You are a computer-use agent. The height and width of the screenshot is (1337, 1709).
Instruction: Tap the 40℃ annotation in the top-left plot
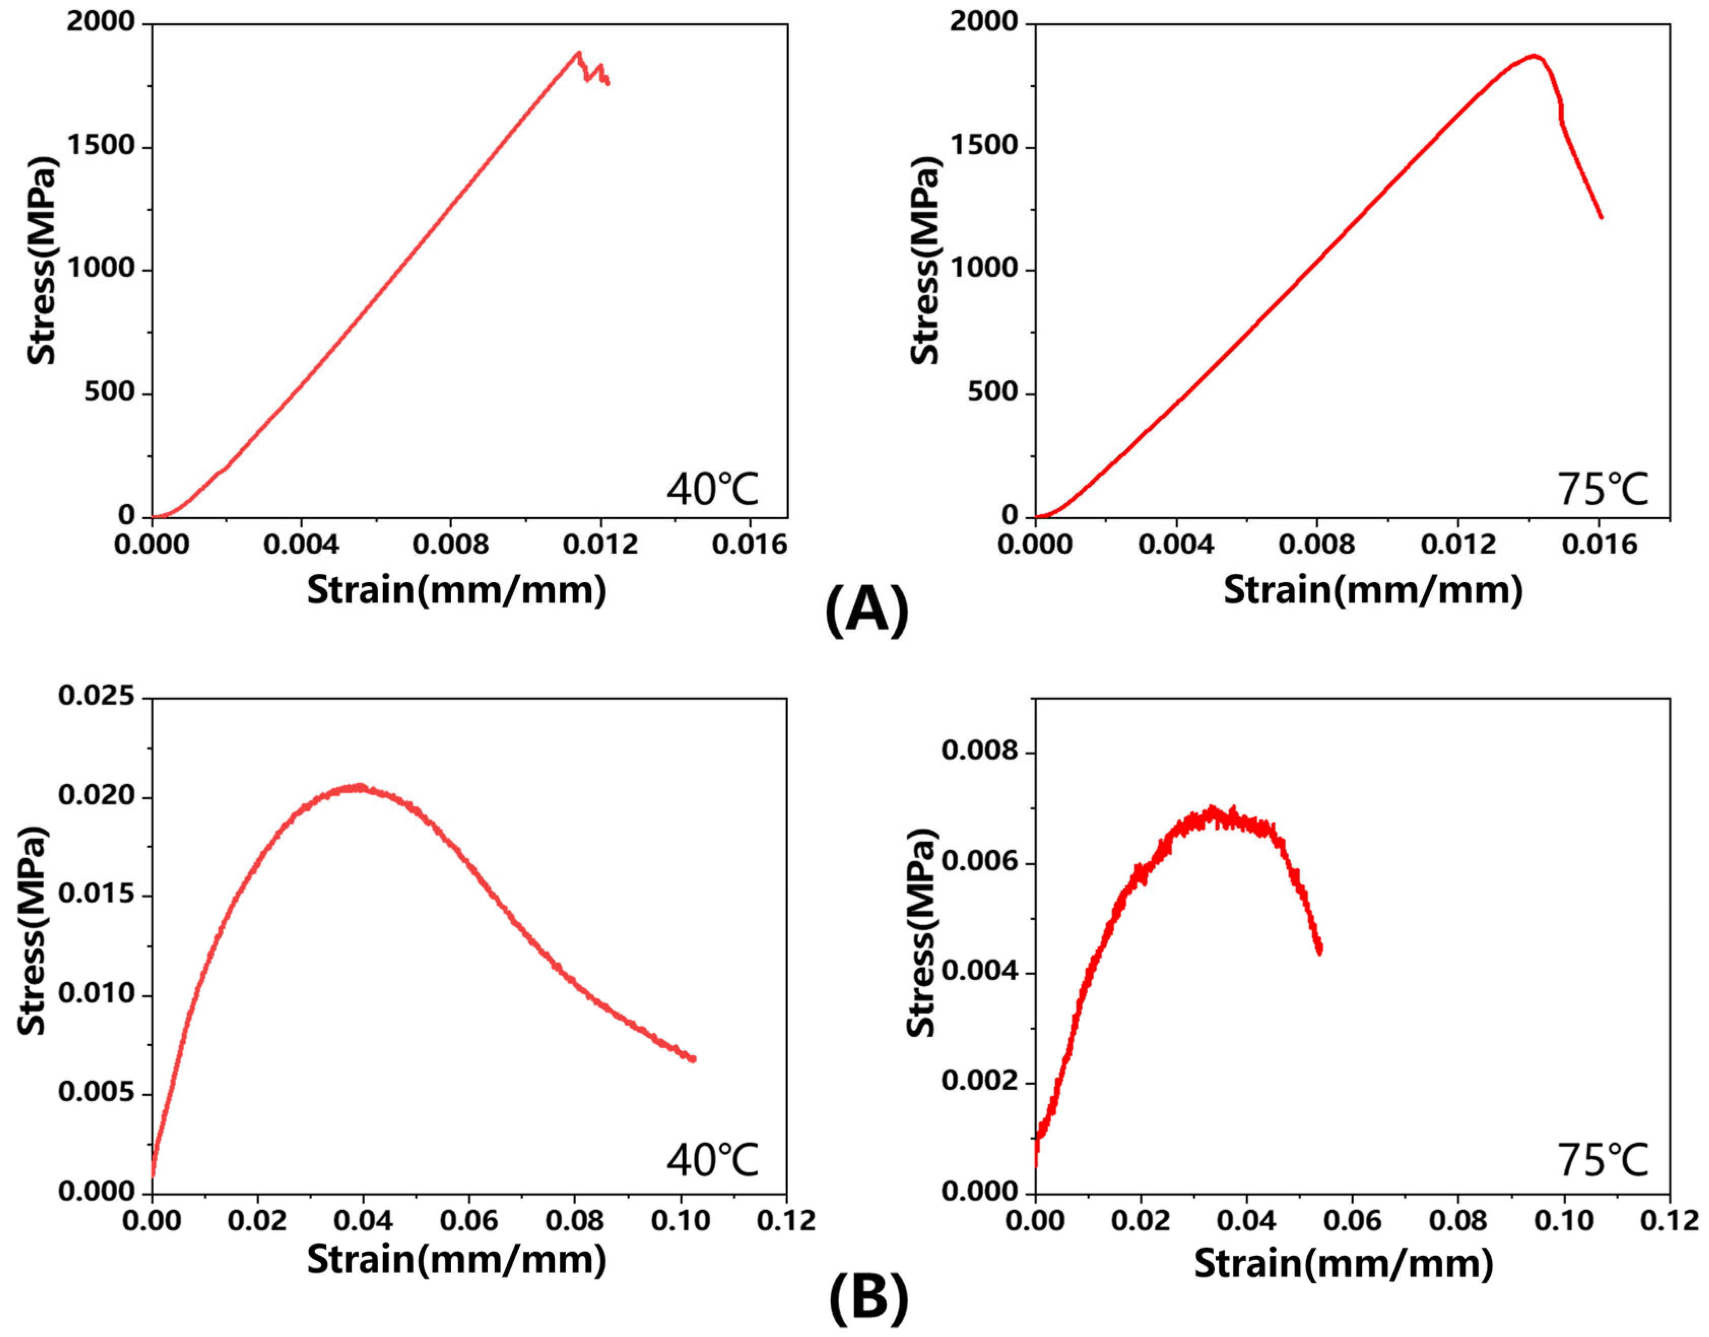pyautogui.click(x=713, y=488)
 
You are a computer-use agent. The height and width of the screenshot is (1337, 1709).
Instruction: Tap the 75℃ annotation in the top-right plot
pyautogui.click(x=1602, y=488)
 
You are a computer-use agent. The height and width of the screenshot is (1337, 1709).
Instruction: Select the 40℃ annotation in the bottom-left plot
pyautogui.click(x=713, y=1159)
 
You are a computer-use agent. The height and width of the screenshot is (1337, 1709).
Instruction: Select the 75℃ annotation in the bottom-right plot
pyautogui.click(x=1602, y=1159)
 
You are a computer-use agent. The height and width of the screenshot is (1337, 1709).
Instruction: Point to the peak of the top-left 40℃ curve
pyautogui.click(x=579, y=53)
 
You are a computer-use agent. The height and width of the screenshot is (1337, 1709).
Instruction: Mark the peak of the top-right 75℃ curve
pyautogui.click(x=1534, y=55)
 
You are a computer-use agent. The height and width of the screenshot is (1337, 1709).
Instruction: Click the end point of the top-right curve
pyautogui.click(x=1601, y=217)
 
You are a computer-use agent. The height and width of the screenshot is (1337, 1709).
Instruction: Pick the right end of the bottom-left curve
pyautogui.click(x=694, y=1059)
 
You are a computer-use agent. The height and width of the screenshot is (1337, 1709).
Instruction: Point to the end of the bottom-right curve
pyautogui.click(x=1320, y=952)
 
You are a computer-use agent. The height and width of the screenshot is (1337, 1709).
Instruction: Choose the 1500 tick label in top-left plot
pyautogui.click(x=100, y=146)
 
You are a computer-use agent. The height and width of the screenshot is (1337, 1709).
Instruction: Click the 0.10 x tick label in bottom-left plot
pyautogui.click(x=680, y=1220)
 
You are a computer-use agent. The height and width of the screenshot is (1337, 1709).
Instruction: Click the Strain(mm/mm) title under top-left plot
pyautogui.click(x=456, y=589)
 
